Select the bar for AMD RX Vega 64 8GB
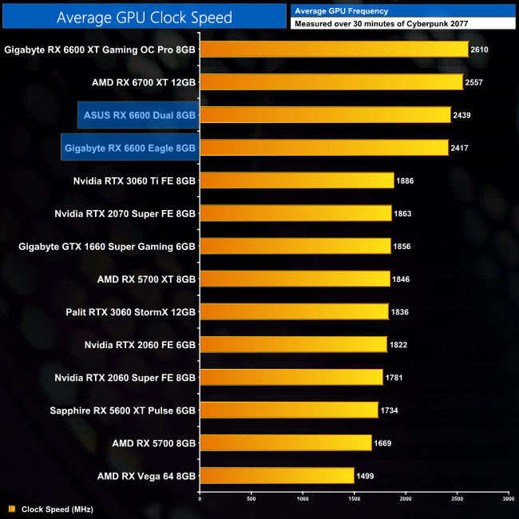tap(276, 476)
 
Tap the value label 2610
tap(480, 50)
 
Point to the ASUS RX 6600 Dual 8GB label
tap(140, 115)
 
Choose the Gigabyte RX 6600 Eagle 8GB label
tap(130, 148)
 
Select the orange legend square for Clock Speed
tap(11, 509)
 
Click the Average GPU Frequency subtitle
tap(342, 11)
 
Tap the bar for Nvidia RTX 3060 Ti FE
tap(296, 180)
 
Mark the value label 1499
tap(366, 476)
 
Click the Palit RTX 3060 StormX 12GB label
tap(130, 311)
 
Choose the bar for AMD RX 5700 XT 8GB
tap(294, 279)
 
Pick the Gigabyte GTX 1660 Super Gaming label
tap(107, 246)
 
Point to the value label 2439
tap(462, 115)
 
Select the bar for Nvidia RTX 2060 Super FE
tap(291, 377)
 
